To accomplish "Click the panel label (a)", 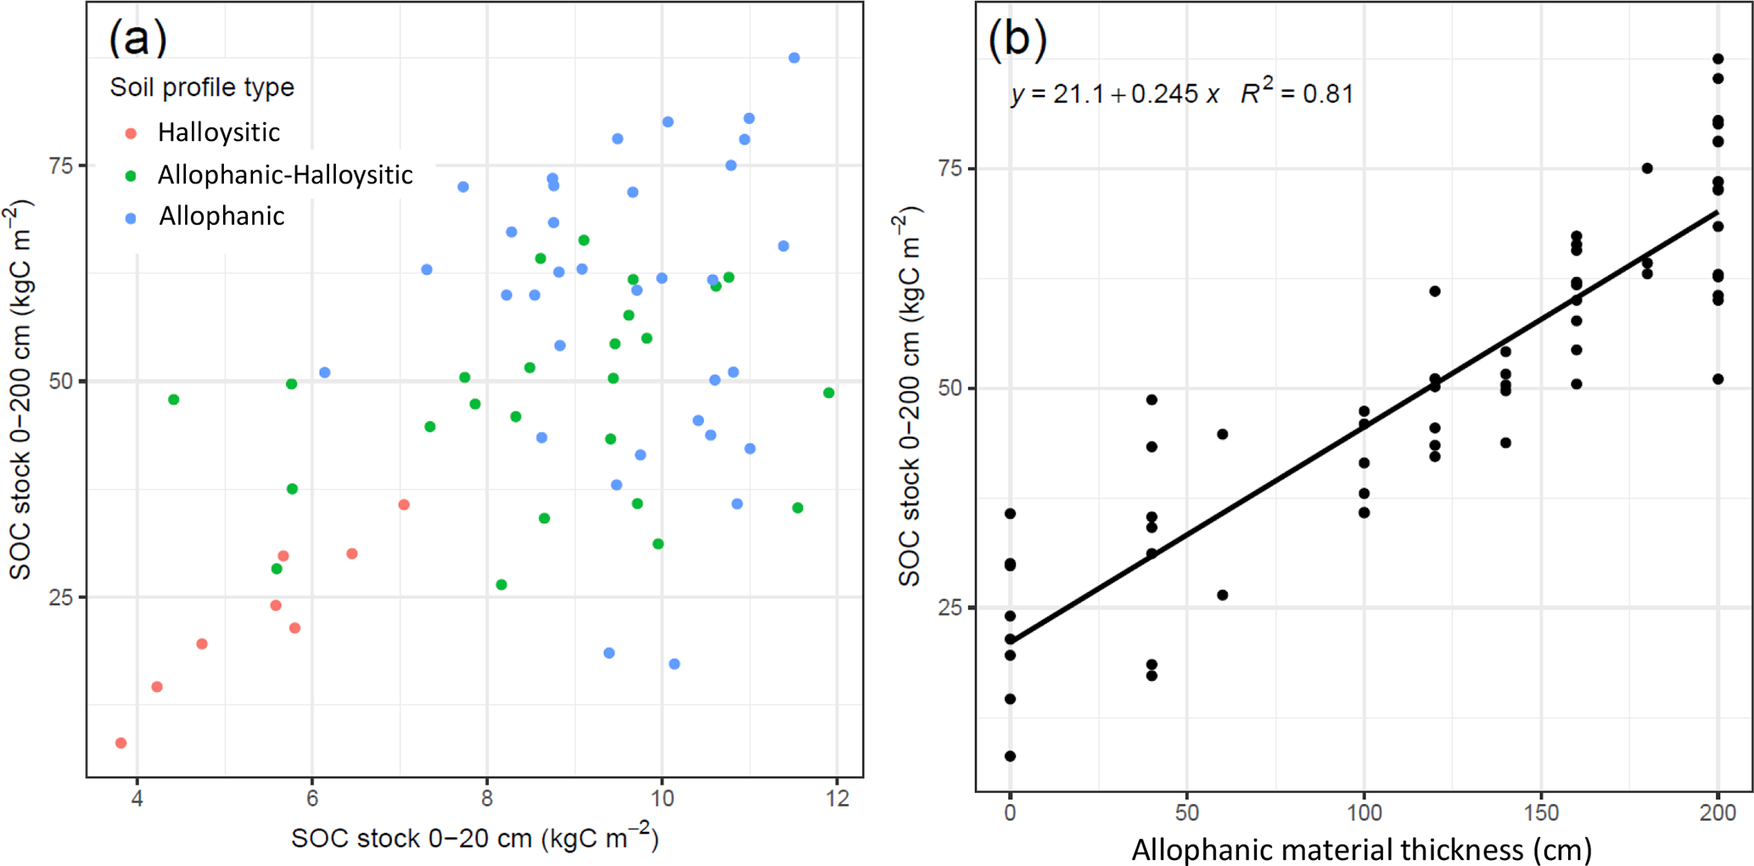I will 137,37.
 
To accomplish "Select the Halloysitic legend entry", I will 218,132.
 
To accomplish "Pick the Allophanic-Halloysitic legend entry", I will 285,175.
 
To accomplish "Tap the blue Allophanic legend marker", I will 131,218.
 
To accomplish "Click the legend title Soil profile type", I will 202,87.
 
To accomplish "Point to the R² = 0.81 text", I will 1297,92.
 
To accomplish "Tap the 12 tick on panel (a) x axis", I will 837,799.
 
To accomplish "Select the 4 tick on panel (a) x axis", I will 137,799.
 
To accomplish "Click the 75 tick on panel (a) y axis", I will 61,166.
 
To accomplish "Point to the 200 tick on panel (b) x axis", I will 1718,813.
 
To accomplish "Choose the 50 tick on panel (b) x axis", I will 1186,813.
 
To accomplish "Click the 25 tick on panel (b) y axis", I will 950,608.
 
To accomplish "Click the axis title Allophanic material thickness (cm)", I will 1361,849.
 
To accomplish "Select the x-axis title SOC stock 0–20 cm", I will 475,838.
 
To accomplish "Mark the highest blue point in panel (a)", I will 794,58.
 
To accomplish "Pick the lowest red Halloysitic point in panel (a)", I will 120,743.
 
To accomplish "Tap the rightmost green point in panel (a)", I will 829,393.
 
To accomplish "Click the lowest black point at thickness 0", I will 1010,756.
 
